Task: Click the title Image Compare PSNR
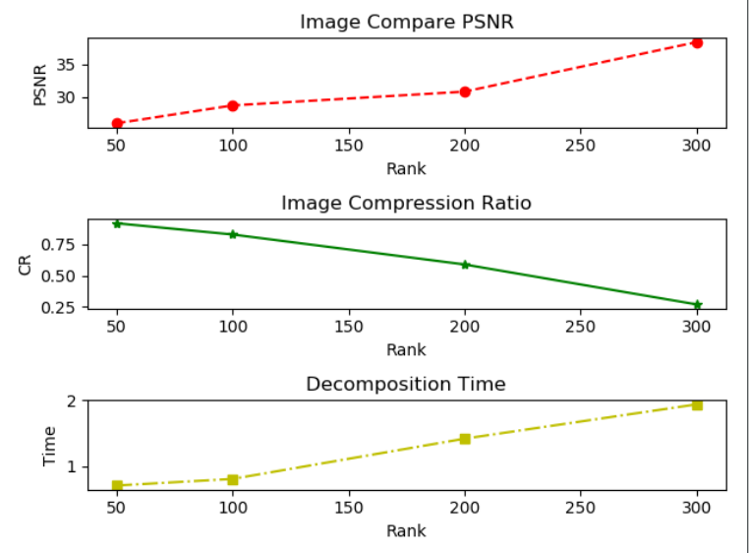point(406,21)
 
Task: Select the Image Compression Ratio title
point(406,203)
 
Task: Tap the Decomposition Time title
point(406,384)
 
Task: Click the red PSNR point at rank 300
point(697,42)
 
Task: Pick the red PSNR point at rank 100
point(233,105)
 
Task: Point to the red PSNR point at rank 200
point(465,92)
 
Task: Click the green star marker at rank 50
point(117,223)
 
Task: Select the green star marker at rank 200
point(465,265)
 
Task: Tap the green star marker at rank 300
point(697,305)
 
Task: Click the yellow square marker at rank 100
point(233,479)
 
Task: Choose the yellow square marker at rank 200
point(465,439)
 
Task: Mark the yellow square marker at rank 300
point(697,404)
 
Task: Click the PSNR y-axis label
point(40,83)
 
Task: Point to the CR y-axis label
point(27,264)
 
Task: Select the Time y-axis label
point(49,445)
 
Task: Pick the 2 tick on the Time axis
point(72,401)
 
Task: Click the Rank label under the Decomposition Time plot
point(406,530)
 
